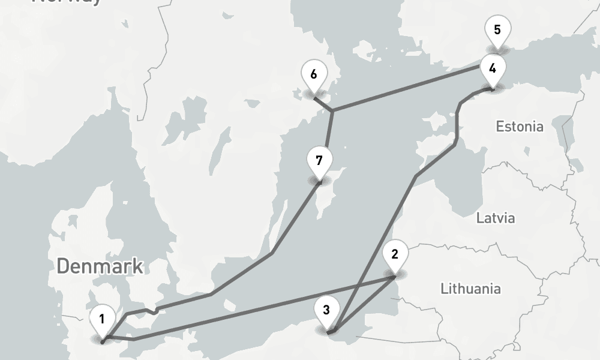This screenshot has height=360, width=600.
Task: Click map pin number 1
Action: click(102, 319)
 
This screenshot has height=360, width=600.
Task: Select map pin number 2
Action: click(394, 254)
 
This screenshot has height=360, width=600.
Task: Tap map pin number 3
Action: click(326, 310)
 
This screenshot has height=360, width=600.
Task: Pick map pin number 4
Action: click(493, 68)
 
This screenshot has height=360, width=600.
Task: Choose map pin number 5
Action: click(497, 29)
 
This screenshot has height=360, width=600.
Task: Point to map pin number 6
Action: click(313, 75)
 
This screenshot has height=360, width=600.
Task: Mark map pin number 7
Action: click(319, 161)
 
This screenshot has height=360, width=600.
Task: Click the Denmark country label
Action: click(100, 266)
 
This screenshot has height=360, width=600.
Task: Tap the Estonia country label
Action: click(520, 127)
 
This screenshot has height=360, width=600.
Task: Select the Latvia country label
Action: click(496, 217)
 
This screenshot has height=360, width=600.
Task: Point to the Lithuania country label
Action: click(470, 289)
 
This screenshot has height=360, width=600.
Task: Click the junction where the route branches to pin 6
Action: click(332, 110)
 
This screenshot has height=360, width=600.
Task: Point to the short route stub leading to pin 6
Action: click(323, 103)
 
